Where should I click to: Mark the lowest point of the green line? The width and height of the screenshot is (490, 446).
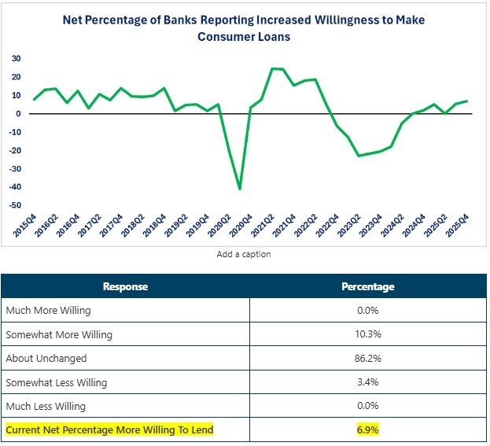[x=239, y=189]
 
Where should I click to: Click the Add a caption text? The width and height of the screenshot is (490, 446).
[x=244, y=255]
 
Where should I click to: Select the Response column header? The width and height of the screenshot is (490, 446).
[x=126, y=287]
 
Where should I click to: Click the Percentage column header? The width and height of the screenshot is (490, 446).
[x=368, y=287]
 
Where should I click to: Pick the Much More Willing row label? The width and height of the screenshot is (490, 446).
[x=48, y=310]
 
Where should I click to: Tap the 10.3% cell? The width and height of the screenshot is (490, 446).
[x=368, y=334]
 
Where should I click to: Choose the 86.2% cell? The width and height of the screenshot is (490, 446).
[x=368, y=358]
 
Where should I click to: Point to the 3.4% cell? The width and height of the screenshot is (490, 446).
[x=368, y=382]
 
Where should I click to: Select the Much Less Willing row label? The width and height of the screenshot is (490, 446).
[x=46, y=406]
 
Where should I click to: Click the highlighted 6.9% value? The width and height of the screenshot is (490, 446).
[x=368, y=430]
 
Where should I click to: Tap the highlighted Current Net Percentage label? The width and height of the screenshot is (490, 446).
[x=109, y=430]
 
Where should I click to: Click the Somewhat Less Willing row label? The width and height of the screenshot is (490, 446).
[x=57, y=382]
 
